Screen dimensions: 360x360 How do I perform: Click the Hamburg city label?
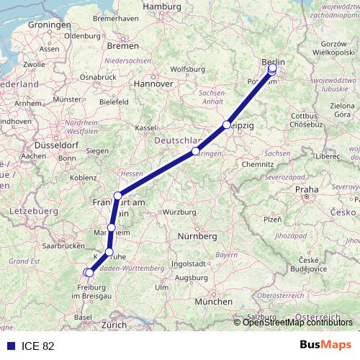tap(162, 6)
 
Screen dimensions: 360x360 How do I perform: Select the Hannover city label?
tap(156, 84)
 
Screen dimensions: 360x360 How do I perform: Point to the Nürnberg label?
tap(197, 236)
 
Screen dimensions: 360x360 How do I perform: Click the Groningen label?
tap(48, 24)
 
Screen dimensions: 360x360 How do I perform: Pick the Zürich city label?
tap(114, 325)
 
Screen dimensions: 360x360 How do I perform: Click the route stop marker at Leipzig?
tap(227, 125)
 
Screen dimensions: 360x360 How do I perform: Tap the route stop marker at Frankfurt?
tap(117, 195)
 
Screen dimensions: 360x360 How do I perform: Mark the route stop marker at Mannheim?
tap(111, 228)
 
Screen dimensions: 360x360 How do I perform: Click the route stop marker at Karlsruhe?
tap(109, 251)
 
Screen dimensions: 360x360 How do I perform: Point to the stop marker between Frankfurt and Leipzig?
tap(195, 152)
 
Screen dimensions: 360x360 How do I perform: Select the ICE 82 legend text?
tap(37, 346)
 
